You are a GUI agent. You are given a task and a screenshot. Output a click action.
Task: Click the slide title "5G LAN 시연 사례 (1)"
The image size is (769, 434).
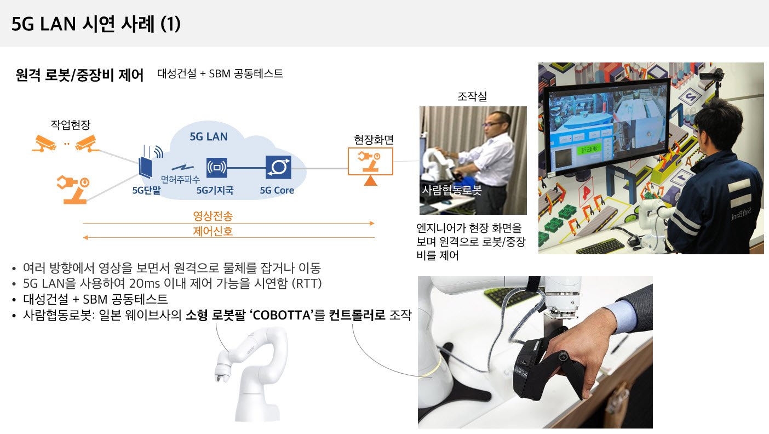96,24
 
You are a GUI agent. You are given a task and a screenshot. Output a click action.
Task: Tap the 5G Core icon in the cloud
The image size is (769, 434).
278,167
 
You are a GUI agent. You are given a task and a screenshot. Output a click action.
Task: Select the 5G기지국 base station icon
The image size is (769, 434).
217,168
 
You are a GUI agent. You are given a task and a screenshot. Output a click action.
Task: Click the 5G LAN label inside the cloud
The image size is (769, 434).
208,136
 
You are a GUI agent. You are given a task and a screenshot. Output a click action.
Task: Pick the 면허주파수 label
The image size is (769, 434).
180,179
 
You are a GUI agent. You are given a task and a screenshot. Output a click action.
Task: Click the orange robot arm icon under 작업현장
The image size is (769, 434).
73,190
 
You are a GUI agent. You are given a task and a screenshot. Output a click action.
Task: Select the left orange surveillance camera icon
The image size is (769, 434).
44,144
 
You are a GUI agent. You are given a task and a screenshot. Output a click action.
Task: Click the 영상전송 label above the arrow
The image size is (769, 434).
213,216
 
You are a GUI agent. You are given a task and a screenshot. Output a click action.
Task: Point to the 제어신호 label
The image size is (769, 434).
213,231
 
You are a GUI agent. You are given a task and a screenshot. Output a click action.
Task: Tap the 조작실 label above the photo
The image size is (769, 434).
472,96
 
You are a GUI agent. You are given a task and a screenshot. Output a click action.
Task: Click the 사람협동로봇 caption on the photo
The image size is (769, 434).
451,190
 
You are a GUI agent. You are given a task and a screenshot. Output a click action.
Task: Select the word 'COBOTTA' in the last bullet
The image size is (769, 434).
282,315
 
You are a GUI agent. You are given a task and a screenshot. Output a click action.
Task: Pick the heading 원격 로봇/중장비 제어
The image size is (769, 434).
79,75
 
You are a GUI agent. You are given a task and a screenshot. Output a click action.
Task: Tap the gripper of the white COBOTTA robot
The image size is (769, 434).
222,374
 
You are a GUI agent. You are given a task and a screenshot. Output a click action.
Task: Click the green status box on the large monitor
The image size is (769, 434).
590,150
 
